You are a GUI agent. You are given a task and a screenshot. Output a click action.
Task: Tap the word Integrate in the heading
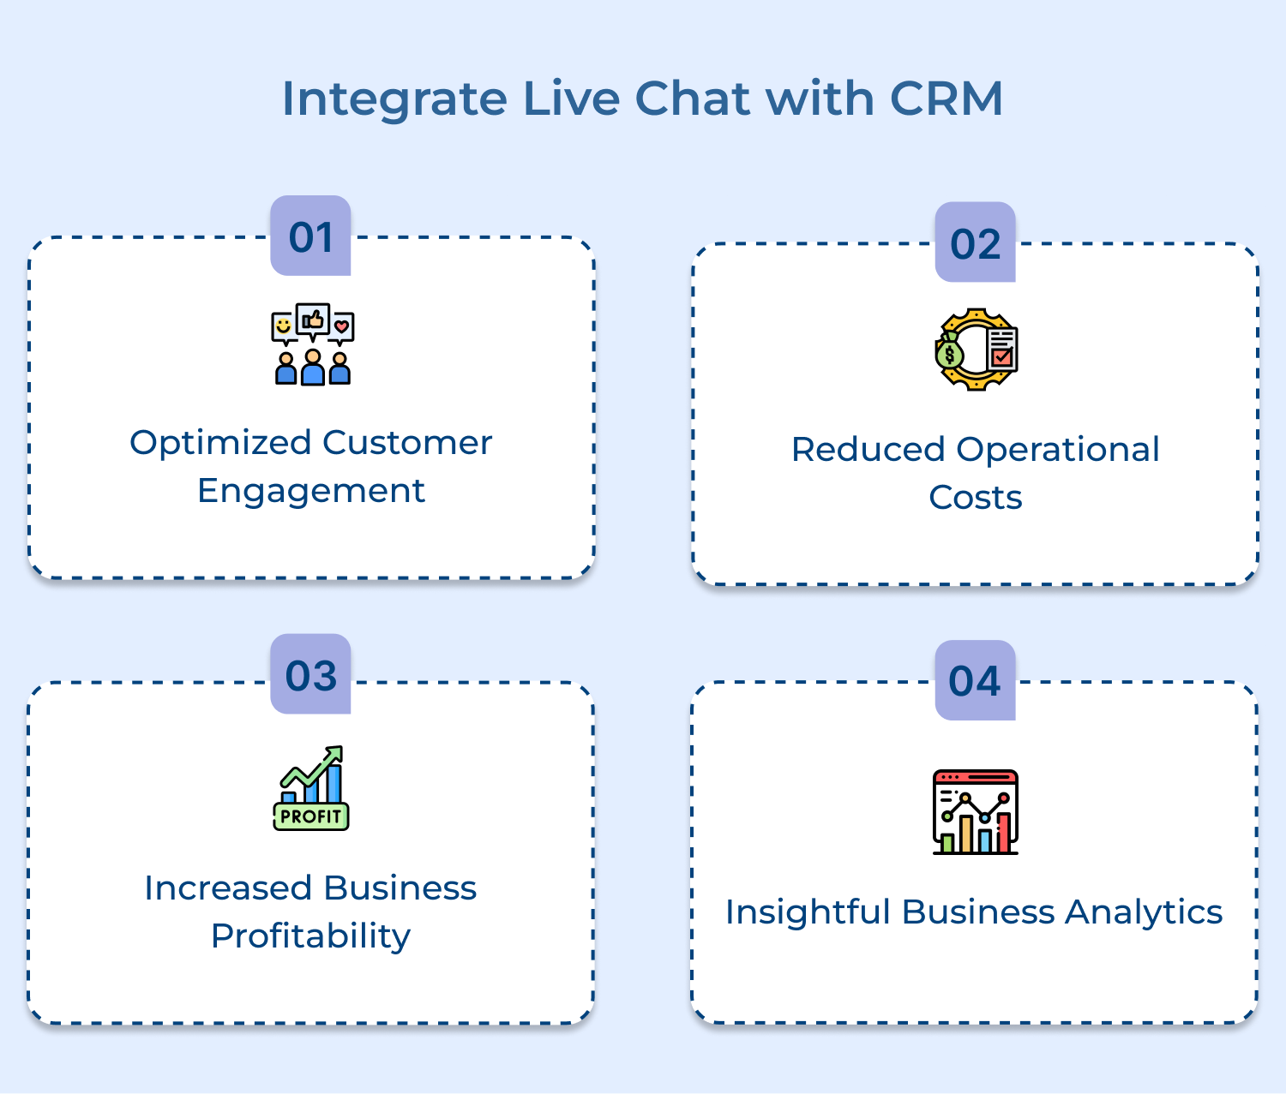coord(394,100)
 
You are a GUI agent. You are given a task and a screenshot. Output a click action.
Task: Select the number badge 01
coord(310,236)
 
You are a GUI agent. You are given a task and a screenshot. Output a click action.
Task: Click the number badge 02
coord(975,243)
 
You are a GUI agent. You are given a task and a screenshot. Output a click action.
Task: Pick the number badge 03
coord(310,675)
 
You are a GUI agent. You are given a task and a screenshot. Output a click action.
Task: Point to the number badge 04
coord(975,681)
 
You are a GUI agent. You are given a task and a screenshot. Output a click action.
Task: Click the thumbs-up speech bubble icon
coord(313,320)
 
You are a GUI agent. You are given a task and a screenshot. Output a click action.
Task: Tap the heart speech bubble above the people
coord(342,326)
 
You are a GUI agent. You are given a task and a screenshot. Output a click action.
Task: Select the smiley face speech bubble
coord(283,326)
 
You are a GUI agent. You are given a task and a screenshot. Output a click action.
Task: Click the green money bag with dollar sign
coord(949,352)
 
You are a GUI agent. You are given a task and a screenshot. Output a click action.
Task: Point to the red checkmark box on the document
coord(1001,355)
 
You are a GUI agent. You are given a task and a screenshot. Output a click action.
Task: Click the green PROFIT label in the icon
coord(311,816)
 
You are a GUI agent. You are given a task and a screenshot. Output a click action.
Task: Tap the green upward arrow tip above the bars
coord(336,752)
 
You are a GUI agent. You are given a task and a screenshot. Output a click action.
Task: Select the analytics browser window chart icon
coord(975,811)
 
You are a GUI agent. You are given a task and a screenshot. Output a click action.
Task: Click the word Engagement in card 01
coord(311,491)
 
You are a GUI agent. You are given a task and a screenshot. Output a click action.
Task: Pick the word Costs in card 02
coord(975,498)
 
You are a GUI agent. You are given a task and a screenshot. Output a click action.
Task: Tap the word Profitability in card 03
coord(310,936)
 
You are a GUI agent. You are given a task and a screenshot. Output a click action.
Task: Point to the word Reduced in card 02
coord(868,450)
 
